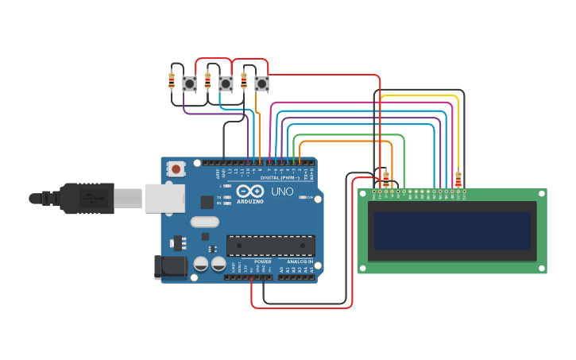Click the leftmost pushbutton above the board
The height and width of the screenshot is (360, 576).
click(x=190, y=83)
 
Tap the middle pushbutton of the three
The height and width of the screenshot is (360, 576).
click(x=226, y=83)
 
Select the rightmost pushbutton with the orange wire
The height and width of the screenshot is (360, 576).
click(x=261, y=83)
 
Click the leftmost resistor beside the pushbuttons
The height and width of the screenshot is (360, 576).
click(x=172, y=80)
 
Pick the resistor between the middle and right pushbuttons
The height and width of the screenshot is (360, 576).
click(x=244, y=80)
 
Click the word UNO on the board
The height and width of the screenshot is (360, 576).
click(x=283, y=192)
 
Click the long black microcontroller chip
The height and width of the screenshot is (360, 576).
click(x=270, y=246)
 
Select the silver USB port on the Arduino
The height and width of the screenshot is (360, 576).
click(x=164, y=198)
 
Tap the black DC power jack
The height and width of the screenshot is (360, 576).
click(x=169, y=267)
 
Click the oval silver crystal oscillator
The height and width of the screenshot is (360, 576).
click(x=204, y=223)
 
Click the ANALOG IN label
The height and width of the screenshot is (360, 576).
click(x=300, y=261)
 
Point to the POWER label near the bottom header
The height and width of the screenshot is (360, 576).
click(x=263, y=261)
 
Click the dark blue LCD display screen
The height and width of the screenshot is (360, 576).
click(x=452, y=230)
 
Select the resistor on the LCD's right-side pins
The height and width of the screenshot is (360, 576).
click(x=458, y=179)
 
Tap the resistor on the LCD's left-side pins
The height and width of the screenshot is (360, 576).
click(x=386, y=179)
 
